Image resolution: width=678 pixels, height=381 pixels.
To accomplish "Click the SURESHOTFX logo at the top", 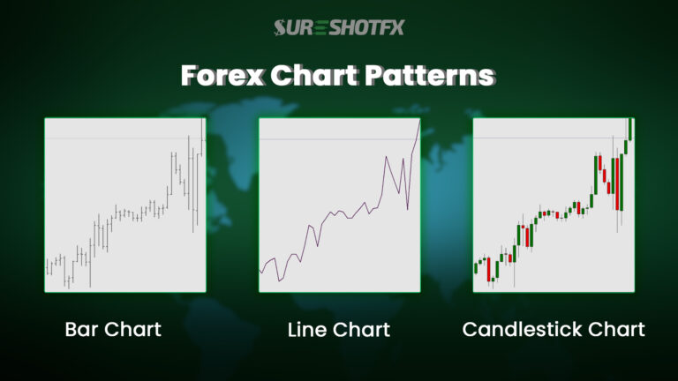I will (x=338, y=27).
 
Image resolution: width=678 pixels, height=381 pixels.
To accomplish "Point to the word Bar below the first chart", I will (x=83, y=330).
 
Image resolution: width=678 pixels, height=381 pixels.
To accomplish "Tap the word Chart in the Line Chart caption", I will (x=363, y=330).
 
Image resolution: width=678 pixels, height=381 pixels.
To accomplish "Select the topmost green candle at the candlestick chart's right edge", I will (x=629, y=129).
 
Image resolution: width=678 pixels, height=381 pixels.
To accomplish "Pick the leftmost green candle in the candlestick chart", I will (x=476, y=265).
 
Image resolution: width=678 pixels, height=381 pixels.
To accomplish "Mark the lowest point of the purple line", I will (x=279, y=280).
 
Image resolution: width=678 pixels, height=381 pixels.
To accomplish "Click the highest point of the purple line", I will (x=419, y=120).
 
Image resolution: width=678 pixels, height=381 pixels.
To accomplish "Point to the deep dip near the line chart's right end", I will (x=408, y=209).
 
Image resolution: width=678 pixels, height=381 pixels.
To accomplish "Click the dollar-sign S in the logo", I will (x=281, y=27).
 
